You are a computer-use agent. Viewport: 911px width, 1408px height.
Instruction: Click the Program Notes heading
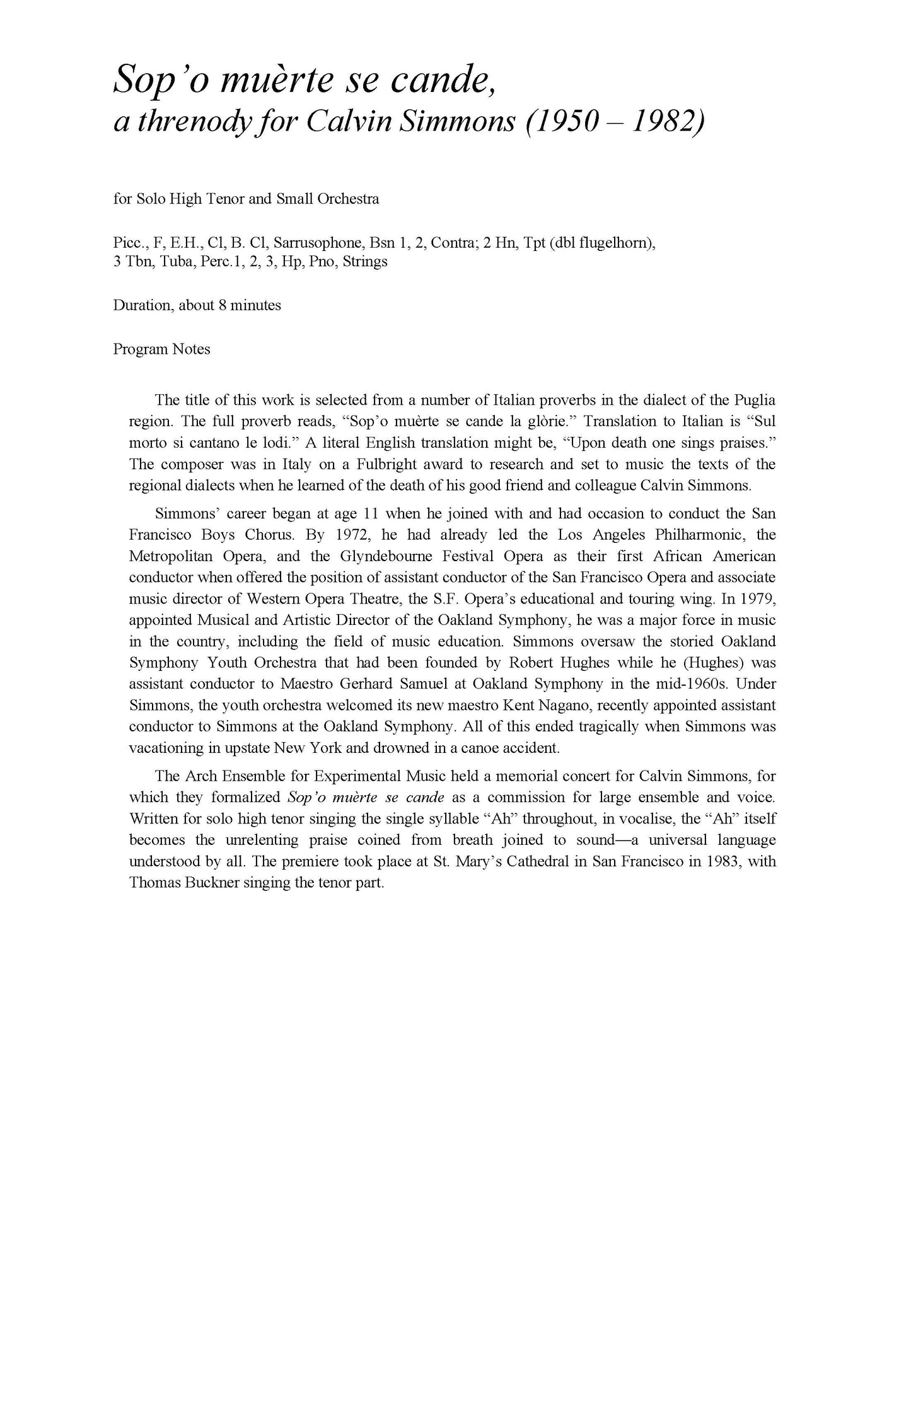tap(161, 349)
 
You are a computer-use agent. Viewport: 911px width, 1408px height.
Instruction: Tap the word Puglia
tap(755, 400)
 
